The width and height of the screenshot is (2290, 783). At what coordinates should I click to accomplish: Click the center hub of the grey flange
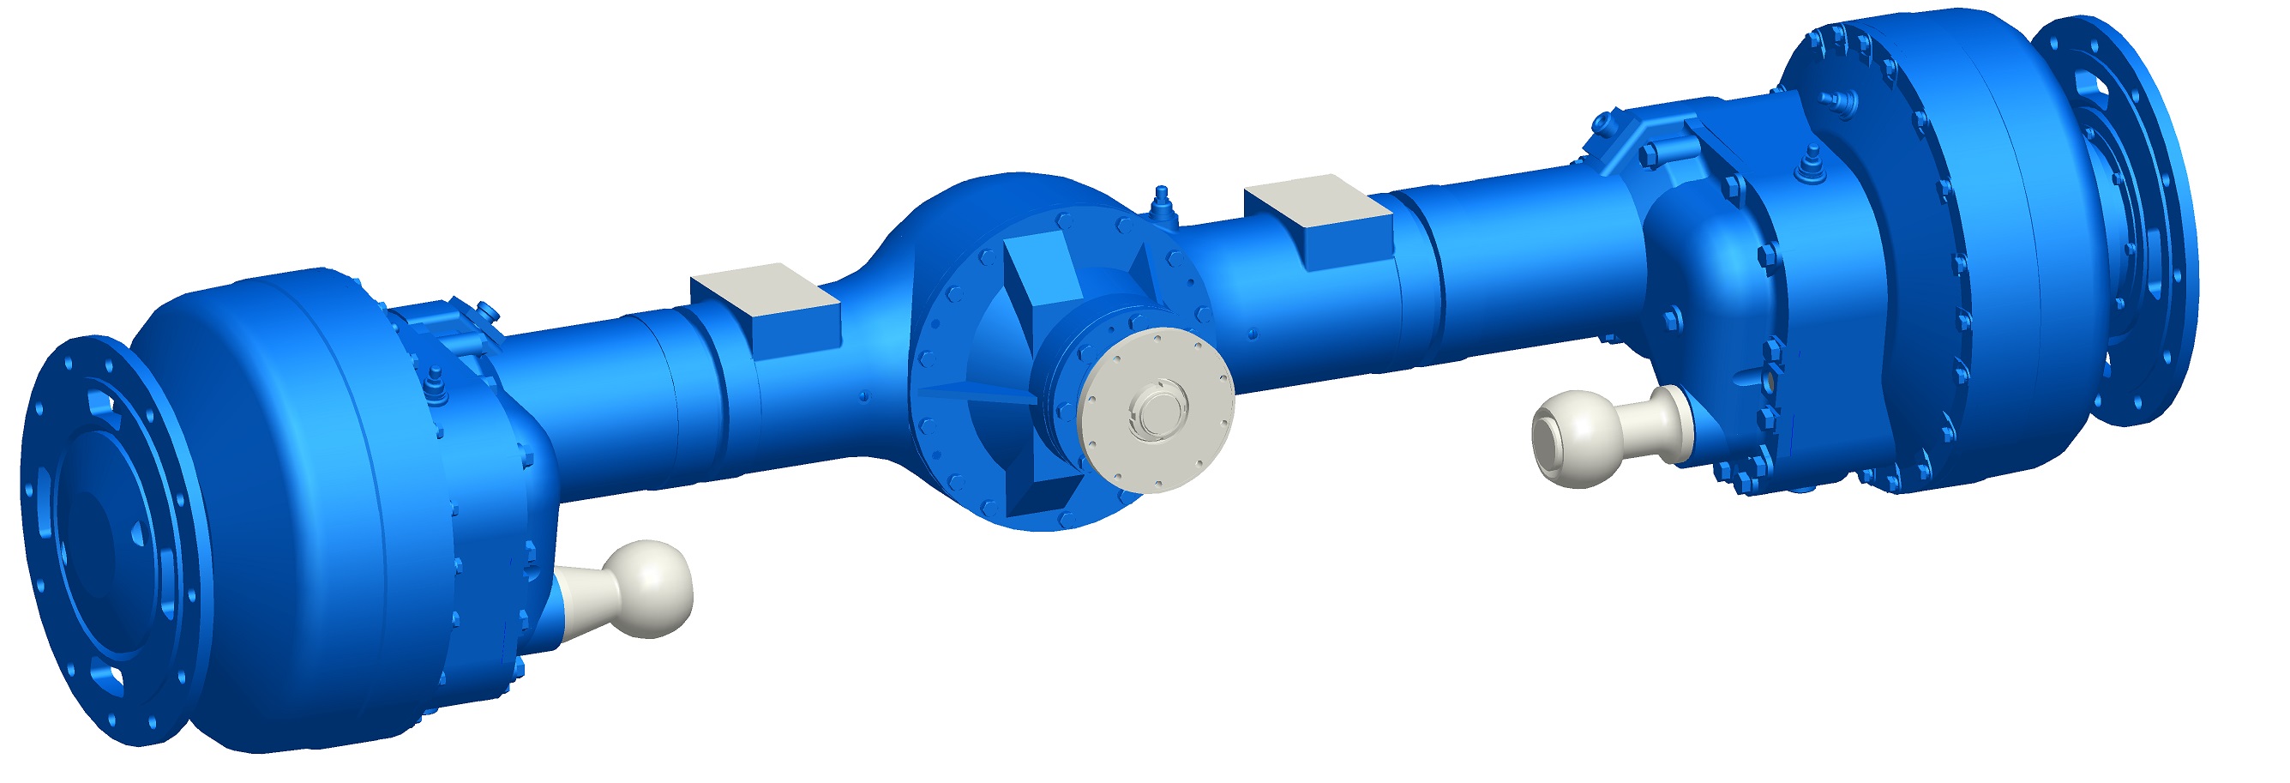(1157, 411)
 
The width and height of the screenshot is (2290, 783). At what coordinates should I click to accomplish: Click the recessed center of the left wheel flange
(89, 551)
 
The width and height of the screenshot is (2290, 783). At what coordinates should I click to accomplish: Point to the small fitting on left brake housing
(435, 382)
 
